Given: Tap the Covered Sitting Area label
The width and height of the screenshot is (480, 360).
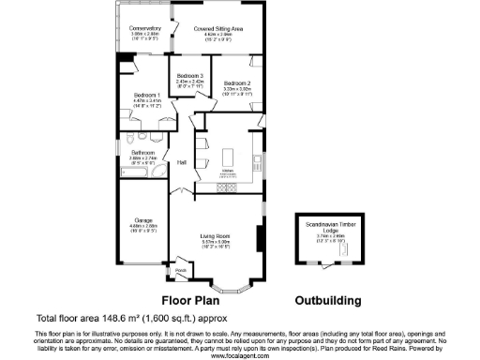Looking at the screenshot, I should click(x=218, y=29).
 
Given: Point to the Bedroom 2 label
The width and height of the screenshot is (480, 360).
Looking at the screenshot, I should click(x=237, y=83).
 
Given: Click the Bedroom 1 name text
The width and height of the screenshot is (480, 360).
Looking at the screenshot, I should click(x=146, y=96).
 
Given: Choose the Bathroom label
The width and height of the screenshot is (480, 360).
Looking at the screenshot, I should click(x=142, y=152).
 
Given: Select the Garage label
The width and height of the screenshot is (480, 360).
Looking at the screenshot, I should click(x=142, y=221).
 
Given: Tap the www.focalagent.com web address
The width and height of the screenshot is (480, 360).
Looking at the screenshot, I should click(x=239, y=355).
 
